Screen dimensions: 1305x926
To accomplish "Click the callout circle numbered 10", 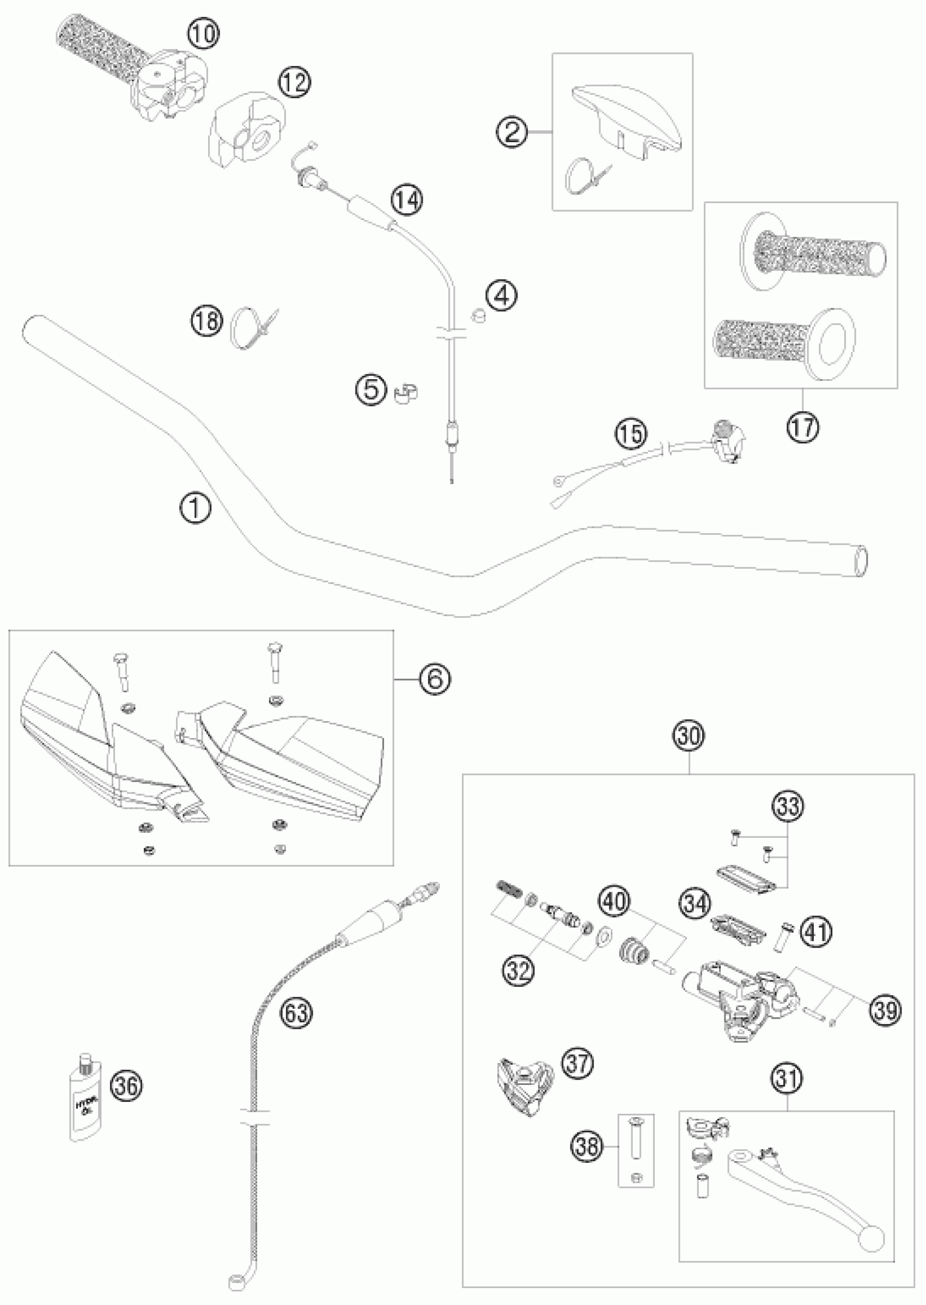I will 204,34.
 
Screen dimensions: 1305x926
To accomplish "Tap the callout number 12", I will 294,82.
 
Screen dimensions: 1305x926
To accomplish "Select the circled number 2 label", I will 511,133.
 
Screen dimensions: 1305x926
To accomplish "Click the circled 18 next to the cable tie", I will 206,321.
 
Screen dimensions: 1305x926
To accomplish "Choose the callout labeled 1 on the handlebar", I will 195,507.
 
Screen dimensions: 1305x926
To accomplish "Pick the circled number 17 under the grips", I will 803,426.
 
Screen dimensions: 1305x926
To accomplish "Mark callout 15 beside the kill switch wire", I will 631,434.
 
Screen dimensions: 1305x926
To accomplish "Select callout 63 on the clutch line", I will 297,1013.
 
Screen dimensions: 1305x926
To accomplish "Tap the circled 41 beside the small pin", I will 815,931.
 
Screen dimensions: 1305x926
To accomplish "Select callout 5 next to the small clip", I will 372,391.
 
